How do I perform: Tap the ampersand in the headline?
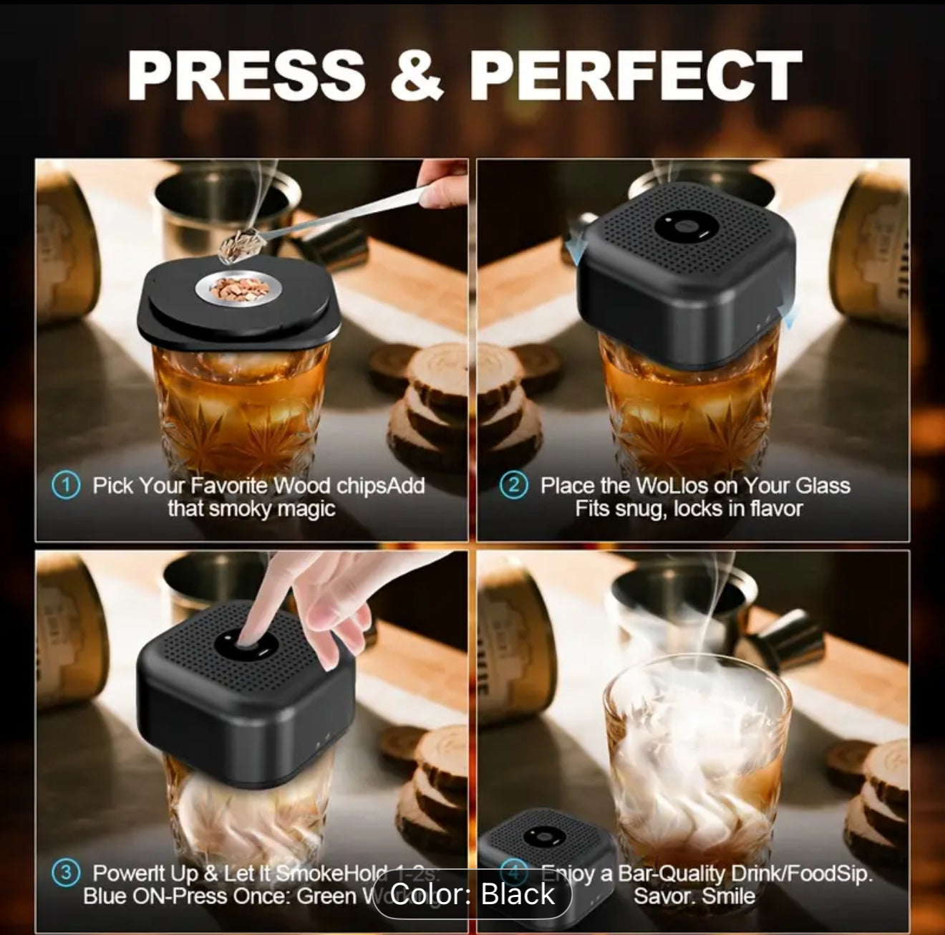click(x=417, y=76)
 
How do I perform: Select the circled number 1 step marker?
click(x=66, y=485)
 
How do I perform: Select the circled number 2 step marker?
click(x=513, y=485)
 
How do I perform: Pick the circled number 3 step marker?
click(x=66, y=873)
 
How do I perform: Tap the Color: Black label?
click(x=472, y=893)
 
